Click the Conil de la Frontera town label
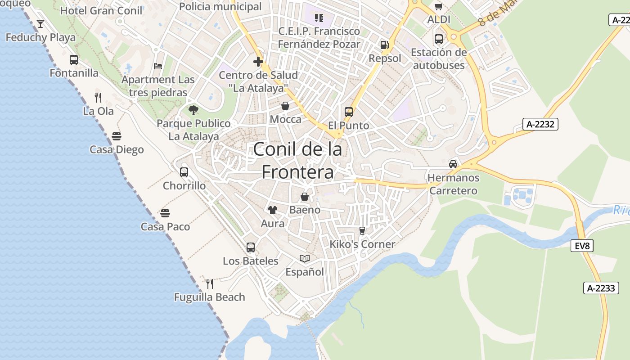[297, 160]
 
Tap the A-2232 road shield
[540, 124]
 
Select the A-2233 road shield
[601, 288]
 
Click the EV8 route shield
[582, 246]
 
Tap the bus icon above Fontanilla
[74, 59]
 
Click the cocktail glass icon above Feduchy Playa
[40, 23]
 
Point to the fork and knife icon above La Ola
[98, 97]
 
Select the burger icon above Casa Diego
[117, 136]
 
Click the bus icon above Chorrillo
[184, 172]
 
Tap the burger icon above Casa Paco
[165, 213]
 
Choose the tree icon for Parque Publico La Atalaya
[193, 110]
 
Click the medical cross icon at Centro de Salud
[258, 62]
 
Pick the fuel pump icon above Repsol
[384, 45]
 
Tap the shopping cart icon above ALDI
[439, 6]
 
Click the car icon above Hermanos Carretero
[453, 164]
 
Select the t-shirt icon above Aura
[272, 210]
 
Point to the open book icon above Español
[305, 258]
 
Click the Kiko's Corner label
[362, 244]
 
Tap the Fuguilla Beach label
[210, 297]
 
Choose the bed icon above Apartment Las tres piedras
[158, 66]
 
